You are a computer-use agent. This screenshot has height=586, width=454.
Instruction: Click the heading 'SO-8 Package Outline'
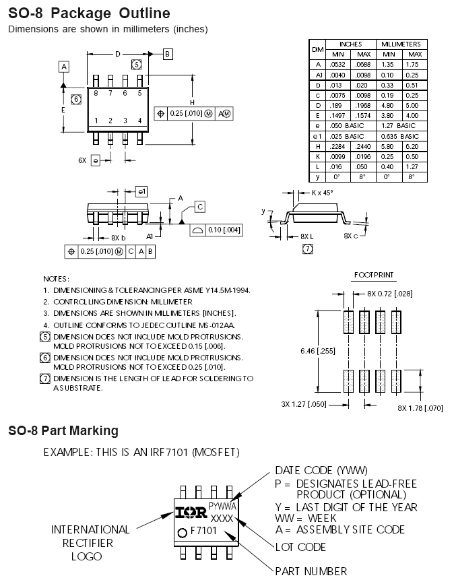[89, 13]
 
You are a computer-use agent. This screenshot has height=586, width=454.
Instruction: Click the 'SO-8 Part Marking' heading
[63, 430]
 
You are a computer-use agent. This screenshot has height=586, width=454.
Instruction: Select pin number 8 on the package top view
[96, 93]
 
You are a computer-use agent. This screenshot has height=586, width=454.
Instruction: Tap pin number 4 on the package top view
[139, 121]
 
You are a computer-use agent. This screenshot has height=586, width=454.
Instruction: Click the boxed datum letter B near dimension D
[168, 54]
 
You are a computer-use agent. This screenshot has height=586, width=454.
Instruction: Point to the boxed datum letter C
[200, 207]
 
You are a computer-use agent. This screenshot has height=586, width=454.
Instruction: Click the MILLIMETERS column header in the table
[401, 44]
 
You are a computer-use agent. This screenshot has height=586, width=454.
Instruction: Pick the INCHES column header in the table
[350, 44]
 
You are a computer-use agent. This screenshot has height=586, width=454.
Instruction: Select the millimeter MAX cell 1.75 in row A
[415, 65]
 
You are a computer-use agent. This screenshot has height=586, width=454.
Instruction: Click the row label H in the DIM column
[317, 145]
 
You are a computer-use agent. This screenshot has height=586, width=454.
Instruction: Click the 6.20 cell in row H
[415, 145]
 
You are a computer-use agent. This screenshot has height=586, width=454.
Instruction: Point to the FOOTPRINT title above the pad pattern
[374, 275]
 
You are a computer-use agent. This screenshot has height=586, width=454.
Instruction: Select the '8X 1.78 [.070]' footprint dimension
[420, 408]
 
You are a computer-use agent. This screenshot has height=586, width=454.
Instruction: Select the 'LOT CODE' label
[300, 547]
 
